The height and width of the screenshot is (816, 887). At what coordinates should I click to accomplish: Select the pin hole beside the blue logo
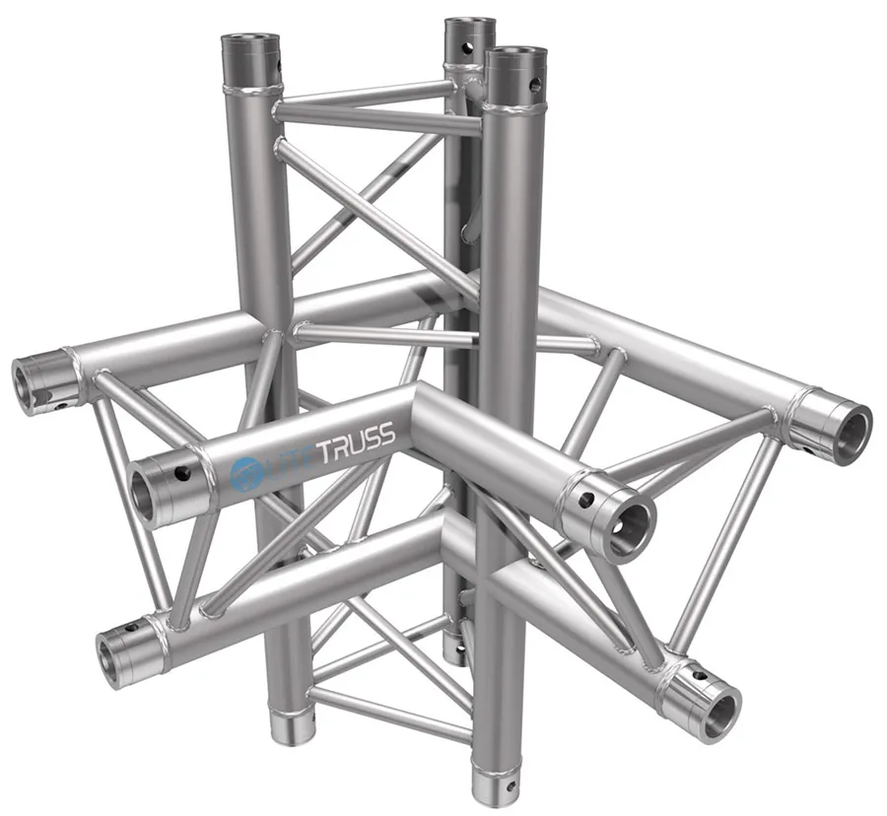click(183, 474)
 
